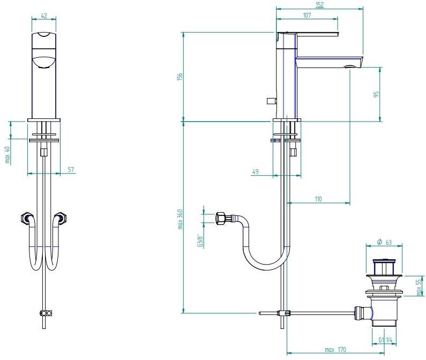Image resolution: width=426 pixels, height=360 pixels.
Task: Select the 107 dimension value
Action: [x=307, y=15]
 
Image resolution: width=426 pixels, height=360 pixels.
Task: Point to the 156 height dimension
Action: [x=180, y=77]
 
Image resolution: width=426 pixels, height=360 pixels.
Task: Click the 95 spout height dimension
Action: [x=377, y=95]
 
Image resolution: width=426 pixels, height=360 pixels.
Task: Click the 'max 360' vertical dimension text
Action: [x=180, y=219]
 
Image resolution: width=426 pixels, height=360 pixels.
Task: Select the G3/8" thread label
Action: [x=199, y=241]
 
